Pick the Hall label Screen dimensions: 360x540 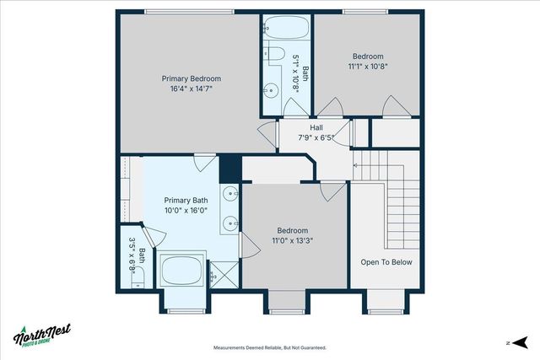(x=316, y=127)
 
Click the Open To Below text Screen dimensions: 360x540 (x=386, y=262)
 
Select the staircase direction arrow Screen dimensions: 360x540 (x=356, y=166)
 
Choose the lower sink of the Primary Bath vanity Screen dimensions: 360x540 (x=230, y=224)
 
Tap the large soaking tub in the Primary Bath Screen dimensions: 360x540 (x=183, y=271)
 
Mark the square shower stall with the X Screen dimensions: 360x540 (x=223, y=274)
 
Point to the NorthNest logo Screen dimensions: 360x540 (x=41, y=335)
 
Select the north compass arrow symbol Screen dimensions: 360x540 (x=521, y=342)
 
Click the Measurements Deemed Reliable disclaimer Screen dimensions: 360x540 (x=269, y=347)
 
